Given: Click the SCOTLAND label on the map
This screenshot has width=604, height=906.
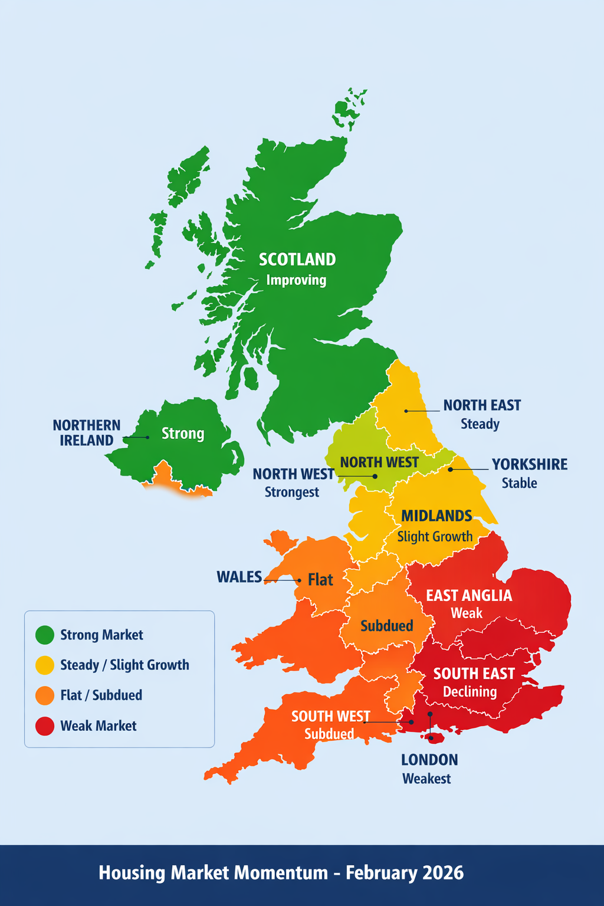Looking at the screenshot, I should click(x=297, y=260).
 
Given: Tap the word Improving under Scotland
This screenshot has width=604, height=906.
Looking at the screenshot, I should click(x=296, y=280).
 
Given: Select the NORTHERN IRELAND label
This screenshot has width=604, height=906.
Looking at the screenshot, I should click(x=87, y=433).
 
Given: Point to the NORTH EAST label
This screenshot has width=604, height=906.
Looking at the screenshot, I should click(x=482, y=405).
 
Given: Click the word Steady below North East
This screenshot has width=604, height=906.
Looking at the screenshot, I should click(x=480, y=424).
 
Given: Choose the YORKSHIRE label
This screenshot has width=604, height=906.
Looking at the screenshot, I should click(x=530, y=464).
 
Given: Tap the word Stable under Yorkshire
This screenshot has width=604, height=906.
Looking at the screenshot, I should click(x=519, y=483).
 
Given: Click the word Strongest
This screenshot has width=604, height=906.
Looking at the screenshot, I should click(x=291, y=493).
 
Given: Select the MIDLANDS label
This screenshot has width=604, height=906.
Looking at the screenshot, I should click(x=436, y=516).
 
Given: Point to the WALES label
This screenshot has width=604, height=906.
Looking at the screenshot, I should click(x=239, y=577).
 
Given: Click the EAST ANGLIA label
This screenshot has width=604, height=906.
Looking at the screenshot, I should click(x=469, y=596).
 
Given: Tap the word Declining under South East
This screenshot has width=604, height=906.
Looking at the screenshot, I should click(x=470, y=692).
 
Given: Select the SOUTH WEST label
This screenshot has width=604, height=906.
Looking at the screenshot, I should click(x=330, y=716).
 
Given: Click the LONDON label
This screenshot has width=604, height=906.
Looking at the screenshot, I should click(x=429, y=760).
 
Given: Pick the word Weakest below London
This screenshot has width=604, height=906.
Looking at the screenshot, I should click(x=426, y=779).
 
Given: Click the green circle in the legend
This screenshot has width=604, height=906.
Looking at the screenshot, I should click(x=45, y=635).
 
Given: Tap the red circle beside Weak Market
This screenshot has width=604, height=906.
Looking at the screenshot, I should click(x=45, y=726).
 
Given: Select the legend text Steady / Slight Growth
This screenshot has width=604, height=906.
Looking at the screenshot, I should click(x=124, y=665).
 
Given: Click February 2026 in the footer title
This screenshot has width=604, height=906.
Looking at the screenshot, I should click(x=405, y=873).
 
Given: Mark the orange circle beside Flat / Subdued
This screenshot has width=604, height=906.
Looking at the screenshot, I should click(x=45, y=695).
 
